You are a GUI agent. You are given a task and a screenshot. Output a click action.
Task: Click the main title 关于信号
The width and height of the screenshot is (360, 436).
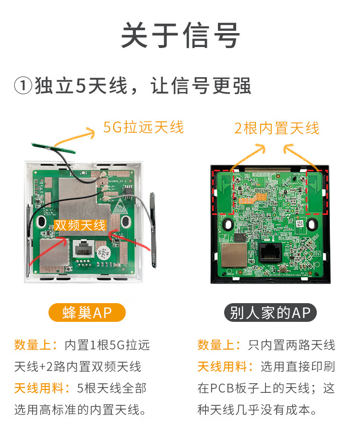(x=180, y=35)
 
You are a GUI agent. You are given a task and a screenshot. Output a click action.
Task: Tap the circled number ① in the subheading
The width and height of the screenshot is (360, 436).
(x=23, y=86)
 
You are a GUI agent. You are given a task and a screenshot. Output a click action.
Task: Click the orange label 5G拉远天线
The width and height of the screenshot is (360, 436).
(x=143, y=128)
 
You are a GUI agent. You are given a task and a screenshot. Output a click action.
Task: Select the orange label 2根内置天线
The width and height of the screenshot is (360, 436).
(x=277, y=128)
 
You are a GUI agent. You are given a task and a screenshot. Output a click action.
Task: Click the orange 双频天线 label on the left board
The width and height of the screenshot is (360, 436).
(x=80, y=225)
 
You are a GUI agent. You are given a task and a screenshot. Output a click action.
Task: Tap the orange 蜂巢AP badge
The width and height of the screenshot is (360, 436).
(x=87, y=313)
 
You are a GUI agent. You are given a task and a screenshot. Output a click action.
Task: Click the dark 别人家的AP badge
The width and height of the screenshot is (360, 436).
(x=270, y=313)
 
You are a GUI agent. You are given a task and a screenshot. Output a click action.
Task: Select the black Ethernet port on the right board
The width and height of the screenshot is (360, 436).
(x=270, y=253)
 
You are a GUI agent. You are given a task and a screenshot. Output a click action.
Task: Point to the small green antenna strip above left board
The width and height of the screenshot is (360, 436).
(x=53, y=148)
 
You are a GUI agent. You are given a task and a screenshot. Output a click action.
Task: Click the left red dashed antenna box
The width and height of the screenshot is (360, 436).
(x=223, y=192)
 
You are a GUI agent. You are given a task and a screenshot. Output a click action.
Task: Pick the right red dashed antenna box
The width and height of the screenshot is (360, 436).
(x=317, y=192)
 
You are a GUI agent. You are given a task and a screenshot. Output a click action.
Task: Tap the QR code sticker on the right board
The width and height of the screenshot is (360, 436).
(x=300, y=224)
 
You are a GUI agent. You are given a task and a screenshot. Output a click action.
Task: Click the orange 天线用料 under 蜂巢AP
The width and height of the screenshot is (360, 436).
(x=39, y=388)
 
